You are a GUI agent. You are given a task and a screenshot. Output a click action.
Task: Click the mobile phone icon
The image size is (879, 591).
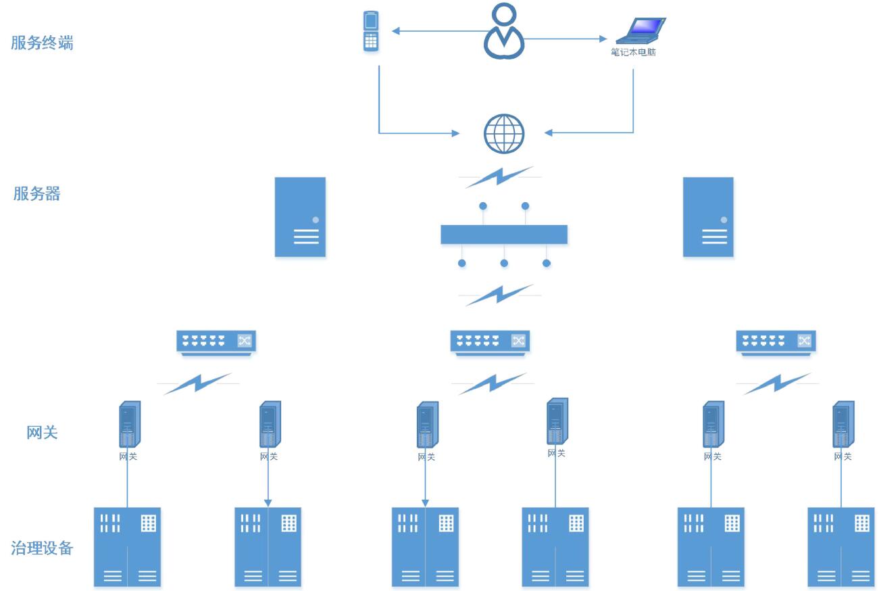pyautogui.click(x=370, y=31)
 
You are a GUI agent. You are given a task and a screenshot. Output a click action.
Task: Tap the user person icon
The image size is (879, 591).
pyautogui.click(x=504, y=31)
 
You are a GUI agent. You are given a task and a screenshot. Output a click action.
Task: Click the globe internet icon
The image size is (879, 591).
pyautogui.click(x=504, y=133)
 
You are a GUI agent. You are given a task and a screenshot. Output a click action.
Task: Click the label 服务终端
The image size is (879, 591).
pyautogui.click(x=42, y=43)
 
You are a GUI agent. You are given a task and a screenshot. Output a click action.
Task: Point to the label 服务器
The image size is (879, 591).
pyautogui.click(x=37, y=194)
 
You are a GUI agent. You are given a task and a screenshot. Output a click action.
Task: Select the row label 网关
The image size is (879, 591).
pyautogui.click(x=42, y=433)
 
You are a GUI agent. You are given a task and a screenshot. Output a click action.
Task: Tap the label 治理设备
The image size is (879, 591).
pyautogui.click(x=42, y=548)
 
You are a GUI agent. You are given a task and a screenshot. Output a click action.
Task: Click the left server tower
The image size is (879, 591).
pyautogui.click(x=300, y=217)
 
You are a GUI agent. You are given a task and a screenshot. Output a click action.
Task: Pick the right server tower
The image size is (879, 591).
pyautogui.click(x=708, y=217)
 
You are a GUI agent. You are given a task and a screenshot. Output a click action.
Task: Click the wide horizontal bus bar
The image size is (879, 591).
pyautogui.click(x=504, y=235)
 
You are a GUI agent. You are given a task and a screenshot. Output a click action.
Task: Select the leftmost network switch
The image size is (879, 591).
pyautogui.click(x=216, y=341)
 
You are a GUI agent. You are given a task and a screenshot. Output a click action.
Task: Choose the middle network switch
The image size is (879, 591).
pyautogui.click(x=490, y=341)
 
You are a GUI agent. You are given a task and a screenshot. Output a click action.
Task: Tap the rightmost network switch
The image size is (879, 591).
pyautogui.click(x=776, y=341)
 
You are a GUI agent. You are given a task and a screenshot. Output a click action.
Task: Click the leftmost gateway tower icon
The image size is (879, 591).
pyautogui.click(x=129, y=425)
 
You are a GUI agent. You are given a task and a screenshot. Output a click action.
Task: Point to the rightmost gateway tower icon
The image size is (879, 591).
pyautogui.click(x=843, y=425)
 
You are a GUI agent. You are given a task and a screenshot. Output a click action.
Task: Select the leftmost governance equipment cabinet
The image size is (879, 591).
pyautogui.click(x=127, y=546)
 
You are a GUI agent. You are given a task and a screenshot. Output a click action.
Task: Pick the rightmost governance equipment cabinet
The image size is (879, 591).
pyautogui.click(x=841, y=546)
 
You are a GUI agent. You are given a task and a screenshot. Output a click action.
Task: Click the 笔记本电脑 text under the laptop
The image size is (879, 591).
pyautogui.click(x=633, y=52)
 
